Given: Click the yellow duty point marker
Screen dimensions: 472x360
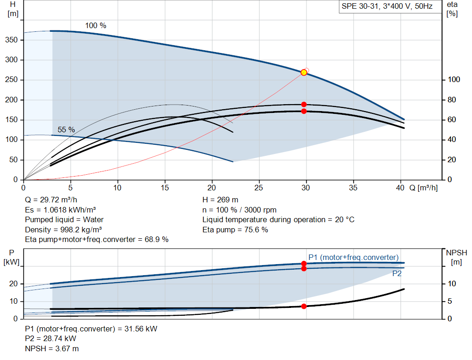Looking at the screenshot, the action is coord(304,72).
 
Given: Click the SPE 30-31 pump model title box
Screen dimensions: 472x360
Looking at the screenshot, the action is coord(390,6).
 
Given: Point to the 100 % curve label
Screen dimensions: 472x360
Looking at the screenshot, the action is coord(96,26).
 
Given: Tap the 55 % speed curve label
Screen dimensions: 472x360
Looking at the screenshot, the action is coord(66,130).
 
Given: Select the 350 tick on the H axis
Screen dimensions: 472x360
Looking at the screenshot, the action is coord(12,40).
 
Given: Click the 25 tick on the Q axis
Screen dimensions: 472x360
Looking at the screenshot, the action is coord(259,188).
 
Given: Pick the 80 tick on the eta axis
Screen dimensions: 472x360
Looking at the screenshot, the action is coord(452,100).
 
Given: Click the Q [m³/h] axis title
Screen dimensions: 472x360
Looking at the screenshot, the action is coord(424,188).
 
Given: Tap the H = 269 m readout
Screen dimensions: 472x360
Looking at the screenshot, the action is coord(220,200).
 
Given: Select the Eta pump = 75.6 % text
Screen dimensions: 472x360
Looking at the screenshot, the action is coord(235,230).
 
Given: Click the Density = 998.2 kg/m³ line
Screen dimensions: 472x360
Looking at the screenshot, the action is coord(64,230).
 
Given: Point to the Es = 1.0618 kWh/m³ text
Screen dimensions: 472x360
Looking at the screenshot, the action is coord(60,210).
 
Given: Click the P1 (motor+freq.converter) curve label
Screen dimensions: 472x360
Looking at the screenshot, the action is coord(354,257).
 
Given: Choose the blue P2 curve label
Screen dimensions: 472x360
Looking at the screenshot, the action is coord(397,274).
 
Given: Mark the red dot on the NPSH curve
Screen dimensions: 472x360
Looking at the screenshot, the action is coord(304,306).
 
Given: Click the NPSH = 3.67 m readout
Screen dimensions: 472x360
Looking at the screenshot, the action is coord(52,348).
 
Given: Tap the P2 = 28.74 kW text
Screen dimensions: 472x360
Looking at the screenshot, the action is coord(51,339).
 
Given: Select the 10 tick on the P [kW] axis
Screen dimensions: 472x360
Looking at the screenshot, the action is coord(13,301).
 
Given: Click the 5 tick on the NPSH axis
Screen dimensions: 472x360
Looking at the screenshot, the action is coord(450,301).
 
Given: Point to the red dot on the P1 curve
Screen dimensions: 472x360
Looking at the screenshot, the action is coord(304,264).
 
